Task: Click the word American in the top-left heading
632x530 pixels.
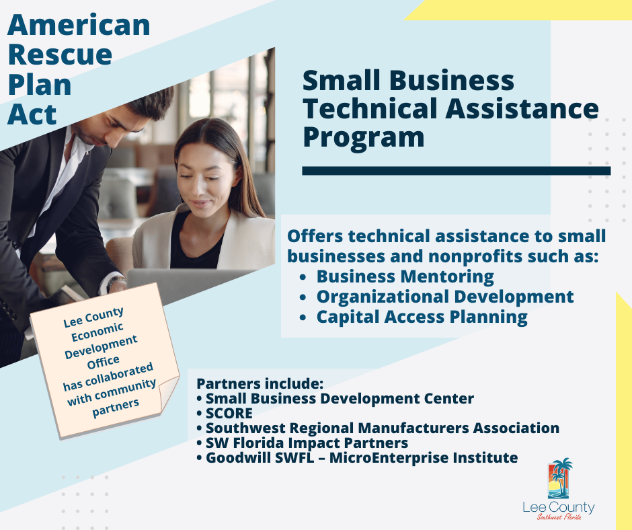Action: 79,25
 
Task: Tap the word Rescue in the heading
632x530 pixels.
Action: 60,55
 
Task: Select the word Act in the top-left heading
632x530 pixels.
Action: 32,114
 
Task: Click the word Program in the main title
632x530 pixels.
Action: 364,138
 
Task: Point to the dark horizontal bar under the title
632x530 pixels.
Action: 457,171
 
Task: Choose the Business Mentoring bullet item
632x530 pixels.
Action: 405,276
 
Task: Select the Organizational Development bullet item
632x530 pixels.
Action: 445,297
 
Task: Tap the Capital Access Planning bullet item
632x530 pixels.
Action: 422,317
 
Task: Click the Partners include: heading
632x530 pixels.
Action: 260,383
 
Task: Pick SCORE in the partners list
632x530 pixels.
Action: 229,414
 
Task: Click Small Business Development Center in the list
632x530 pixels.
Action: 340,398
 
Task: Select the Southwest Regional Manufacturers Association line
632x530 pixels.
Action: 383,428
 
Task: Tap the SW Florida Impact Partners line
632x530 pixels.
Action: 307,443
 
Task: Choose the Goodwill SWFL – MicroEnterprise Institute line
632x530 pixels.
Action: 362,458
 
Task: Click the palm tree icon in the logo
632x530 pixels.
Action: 560,478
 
